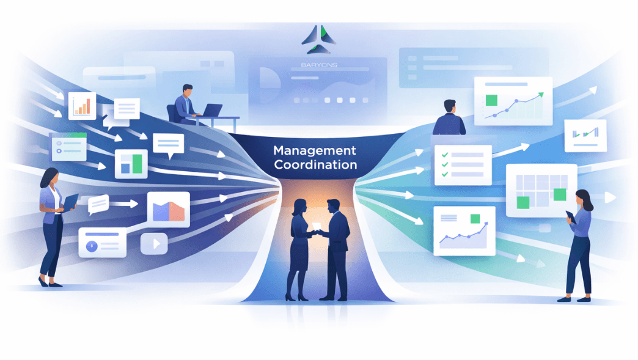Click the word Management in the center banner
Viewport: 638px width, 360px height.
click(x=315, y=150)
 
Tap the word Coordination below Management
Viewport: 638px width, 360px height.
click(x=315, y=165)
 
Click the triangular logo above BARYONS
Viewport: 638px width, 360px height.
click(x=318, y=40)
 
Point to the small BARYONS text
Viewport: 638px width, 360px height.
click(x=318, y=64)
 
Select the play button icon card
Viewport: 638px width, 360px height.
click(x=154, y=244)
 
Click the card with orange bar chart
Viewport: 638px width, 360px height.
click(x=82, y=105)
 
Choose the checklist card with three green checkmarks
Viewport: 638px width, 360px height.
click(x=463, y=165)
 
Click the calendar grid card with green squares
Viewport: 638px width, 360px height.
click(x=541, y=190)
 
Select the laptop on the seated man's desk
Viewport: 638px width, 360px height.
click(x=211, y=111)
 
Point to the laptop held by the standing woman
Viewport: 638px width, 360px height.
click(x=70, y=202)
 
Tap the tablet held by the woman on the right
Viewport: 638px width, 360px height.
click(x=570, y=216)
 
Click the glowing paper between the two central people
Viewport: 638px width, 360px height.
click(x=316, y=227)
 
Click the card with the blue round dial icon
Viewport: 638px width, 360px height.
click(x=102, y=243)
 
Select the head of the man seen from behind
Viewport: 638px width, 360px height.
click(x=450, y=106)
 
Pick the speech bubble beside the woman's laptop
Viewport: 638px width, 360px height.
click(x=98, y=204)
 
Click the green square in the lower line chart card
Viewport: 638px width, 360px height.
click(x=475, y=219)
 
